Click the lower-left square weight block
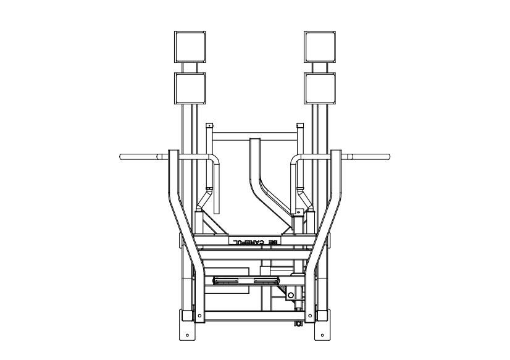(190, 88)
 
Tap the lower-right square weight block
(320, 88)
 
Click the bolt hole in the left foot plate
(187, 335)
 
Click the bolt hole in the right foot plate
(323, 335)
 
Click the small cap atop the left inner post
(209, 125)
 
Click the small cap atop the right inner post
(301, 125)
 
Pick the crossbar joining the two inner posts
(254, 134)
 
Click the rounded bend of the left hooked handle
(214, 160)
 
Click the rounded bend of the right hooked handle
(296, 160)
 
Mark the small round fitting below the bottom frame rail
(298, 323)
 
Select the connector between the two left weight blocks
(190, 67)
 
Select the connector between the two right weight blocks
(320, 67)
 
